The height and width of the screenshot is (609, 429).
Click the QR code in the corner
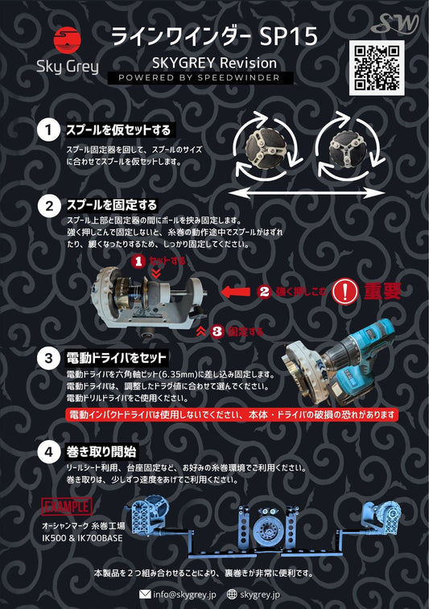377,68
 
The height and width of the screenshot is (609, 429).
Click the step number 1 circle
49,130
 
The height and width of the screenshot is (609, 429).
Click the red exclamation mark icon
344,291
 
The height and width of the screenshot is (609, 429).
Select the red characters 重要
382,291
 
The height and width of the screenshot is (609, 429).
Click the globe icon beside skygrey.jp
233,595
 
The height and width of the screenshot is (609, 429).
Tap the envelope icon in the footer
145,595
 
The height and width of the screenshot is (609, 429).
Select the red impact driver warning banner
232,415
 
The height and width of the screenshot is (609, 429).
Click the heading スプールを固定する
112,204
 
